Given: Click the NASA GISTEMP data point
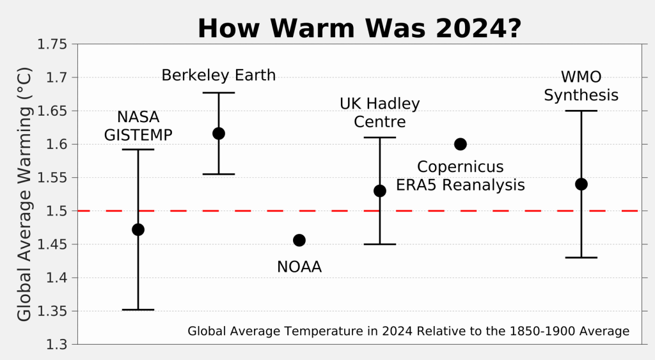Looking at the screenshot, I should (x=138, y=230).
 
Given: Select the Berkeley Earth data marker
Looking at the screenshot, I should (x=219, y=134).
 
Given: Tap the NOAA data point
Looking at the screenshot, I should (x=299, y=240).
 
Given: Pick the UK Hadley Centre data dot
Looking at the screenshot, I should (x=380, y=191).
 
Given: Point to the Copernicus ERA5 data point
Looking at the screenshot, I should (x=461, y=144).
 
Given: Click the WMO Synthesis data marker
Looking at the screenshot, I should (x=581, y=184).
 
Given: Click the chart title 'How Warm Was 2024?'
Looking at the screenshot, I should (x=359, y=29).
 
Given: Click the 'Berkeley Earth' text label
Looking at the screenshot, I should (x=219, y=75).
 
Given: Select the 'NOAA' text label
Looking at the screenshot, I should (x=299, y=267).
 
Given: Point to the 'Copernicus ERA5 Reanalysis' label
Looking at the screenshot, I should (x=461, y=176).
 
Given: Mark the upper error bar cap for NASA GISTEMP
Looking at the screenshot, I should (x=138, y=150).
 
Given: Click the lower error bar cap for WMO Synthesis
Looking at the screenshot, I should (x=581, y=258).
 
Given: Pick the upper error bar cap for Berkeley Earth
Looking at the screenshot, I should (x=219, y=93).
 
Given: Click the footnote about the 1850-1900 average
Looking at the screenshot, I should (x=409, y=331).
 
